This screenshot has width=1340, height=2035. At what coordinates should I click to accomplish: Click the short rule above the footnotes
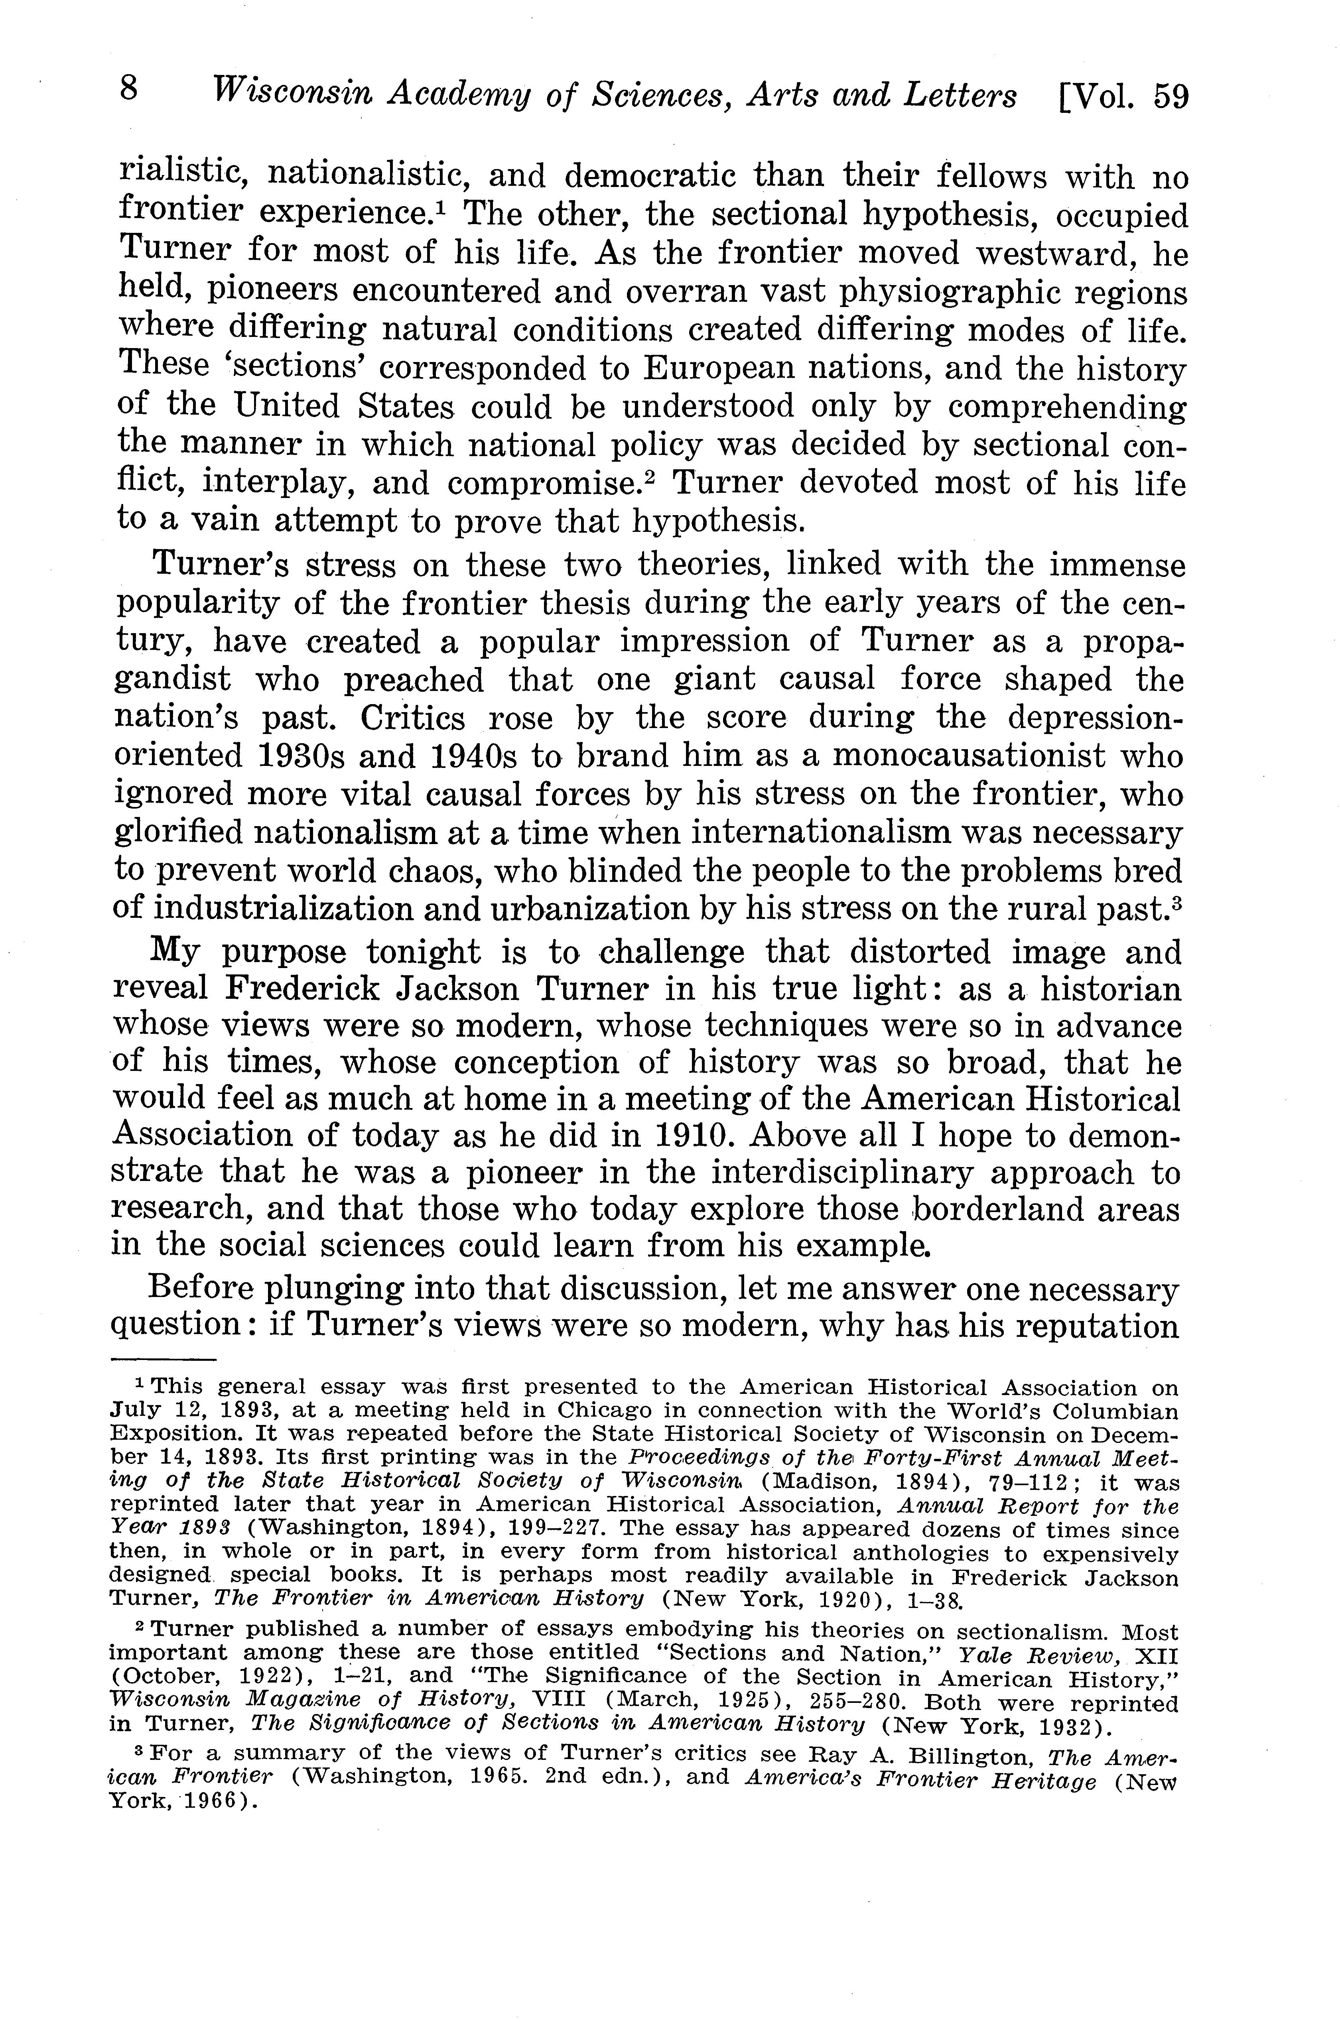[x=164, y=1359]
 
